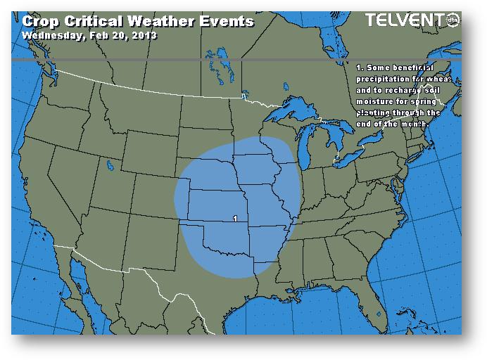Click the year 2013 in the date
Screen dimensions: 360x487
143,34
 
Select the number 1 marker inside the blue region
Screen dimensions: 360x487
234,219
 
